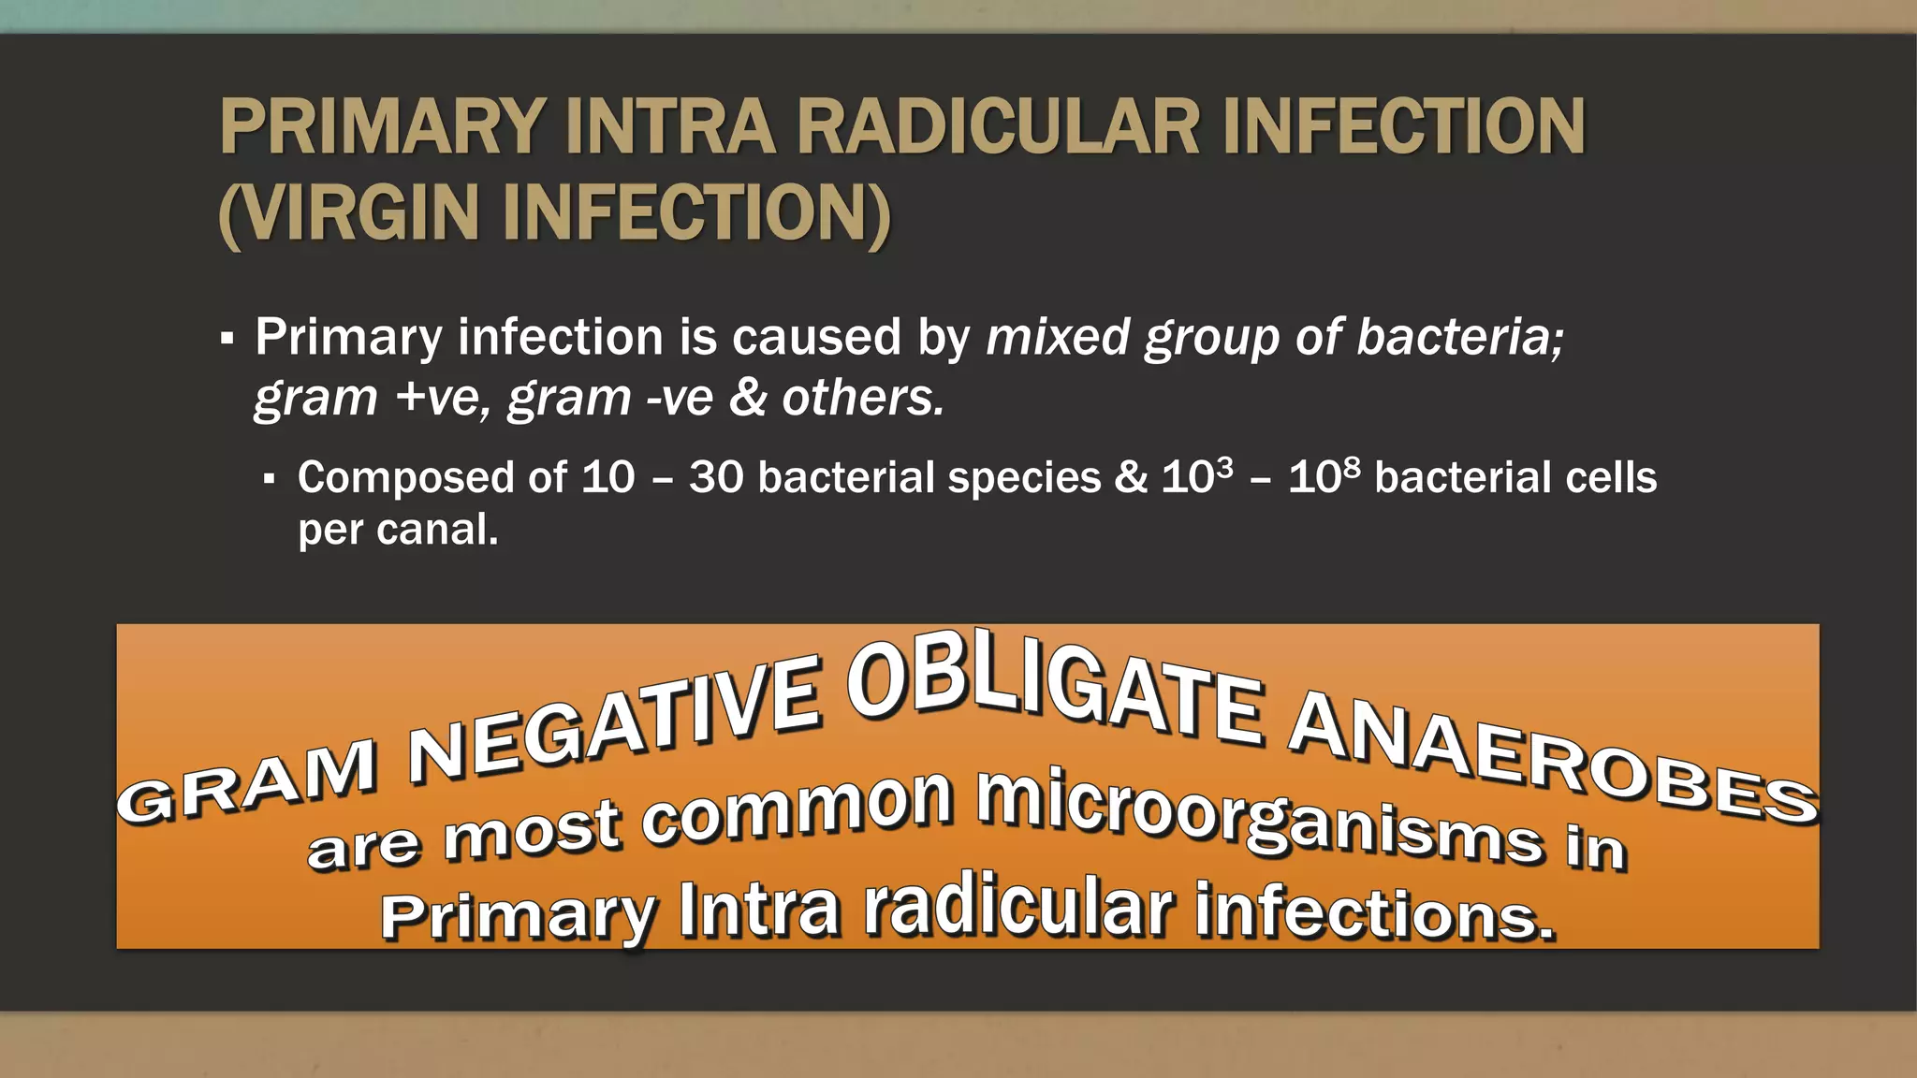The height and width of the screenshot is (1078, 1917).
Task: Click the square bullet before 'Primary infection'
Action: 227,339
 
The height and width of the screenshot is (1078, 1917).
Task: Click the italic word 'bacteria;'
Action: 1459,337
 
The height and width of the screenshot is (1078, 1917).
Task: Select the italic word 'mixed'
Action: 1058,337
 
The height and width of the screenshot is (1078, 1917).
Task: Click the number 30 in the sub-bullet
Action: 716,477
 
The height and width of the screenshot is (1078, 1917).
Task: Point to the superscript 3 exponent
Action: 1224,465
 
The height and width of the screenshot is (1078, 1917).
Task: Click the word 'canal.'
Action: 437,530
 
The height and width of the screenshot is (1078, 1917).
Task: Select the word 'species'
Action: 1024,477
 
